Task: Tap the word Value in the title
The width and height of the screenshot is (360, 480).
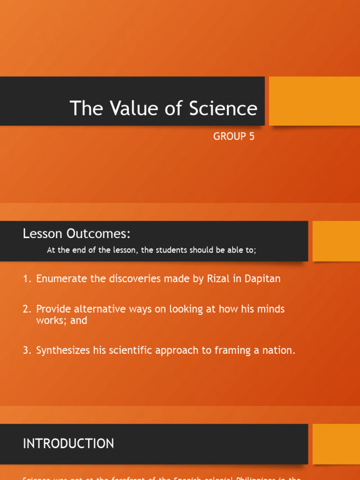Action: point(134,108)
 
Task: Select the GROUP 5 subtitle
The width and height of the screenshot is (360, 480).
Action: point(234,136)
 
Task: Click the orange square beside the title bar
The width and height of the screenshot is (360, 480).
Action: point(314,101)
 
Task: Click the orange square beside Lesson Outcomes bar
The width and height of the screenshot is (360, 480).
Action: point(336,241)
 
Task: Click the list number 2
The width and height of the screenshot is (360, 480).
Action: point(26,309)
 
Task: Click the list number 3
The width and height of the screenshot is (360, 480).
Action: point(26,351)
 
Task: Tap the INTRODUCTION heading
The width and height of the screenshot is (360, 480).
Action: point(68,443)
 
